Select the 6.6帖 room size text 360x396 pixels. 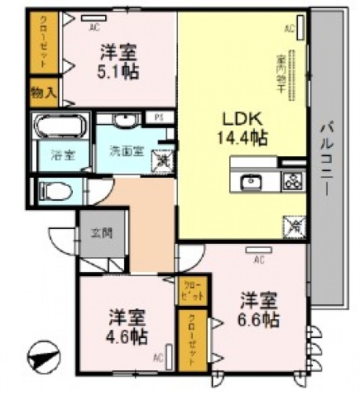pos(260,320)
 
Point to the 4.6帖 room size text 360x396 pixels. pos(127,336)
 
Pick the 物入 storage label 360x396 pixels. pos(43,93)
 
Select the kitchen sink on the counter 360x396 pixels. pos(252,182)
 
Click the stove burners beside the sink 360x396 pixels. pos(292,182)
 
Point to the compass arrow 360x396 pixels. pos(44,359)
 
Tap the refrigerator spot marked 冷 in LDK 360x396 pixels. pos(293,225)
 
